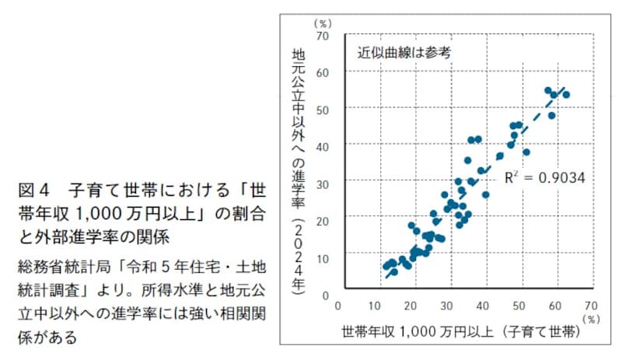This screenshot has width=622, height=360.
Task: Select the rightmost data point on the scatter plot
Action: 566,95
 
